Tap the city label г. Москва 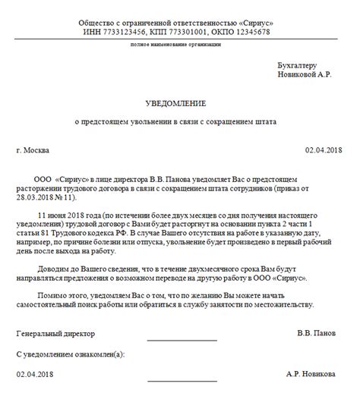[36, 149]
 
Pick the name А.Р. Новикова [315, 374]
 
